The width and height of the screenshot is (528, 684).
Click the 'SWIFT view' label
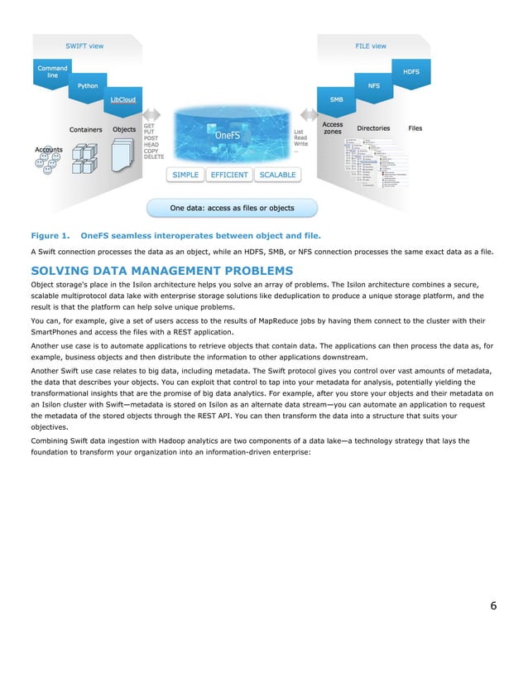tap(84, 46)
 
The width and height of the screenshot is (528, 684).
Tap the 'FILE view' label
tap(371, 46)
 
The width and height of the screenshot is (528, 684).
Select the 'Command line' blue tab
tap(52, 71)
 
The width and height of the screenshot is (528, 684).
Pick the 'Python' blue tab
tap(88, 86)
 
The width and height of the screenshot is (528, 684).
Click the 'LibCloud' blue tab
tap(121, 100)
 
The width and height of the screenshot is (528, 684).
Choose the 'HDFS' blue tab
tap(410, 72)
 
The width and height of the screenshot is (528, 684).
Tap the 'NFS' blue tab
tap(373, 86)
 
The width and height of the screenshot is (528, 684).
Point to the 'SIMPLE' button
tap(185, 176)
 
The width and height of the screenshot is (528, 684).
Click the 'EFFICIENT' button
tap(229, 176)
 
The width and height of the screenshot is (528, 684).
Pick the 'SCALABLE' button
tap(276, 176)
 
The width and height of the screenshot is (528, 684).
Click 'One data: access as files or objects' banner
tap(232, 208)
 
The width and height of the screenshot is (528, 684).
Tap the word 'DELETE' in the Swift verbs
tap(155, 156)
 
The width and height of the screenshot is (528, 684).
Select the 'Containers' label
tap(86, 130)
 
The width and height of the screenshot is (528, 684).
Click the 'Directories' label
tap(373, 129)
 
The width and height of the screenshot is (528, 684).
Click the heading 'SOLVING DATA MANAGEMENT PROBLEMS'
tap(161, 270)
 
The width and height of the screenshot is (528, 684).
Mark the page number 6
tap(493, 605)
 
